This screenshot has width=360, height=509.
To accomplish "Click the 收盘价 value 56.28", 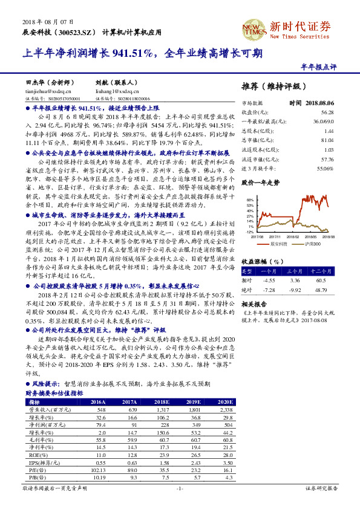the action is click(x=327, y=112).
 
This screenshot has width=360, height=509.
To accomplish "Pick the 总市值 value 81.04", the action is click(x=327, y=140).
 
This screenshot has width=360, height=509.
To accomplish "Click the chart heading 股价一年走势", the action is click(x=261, y=181).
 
